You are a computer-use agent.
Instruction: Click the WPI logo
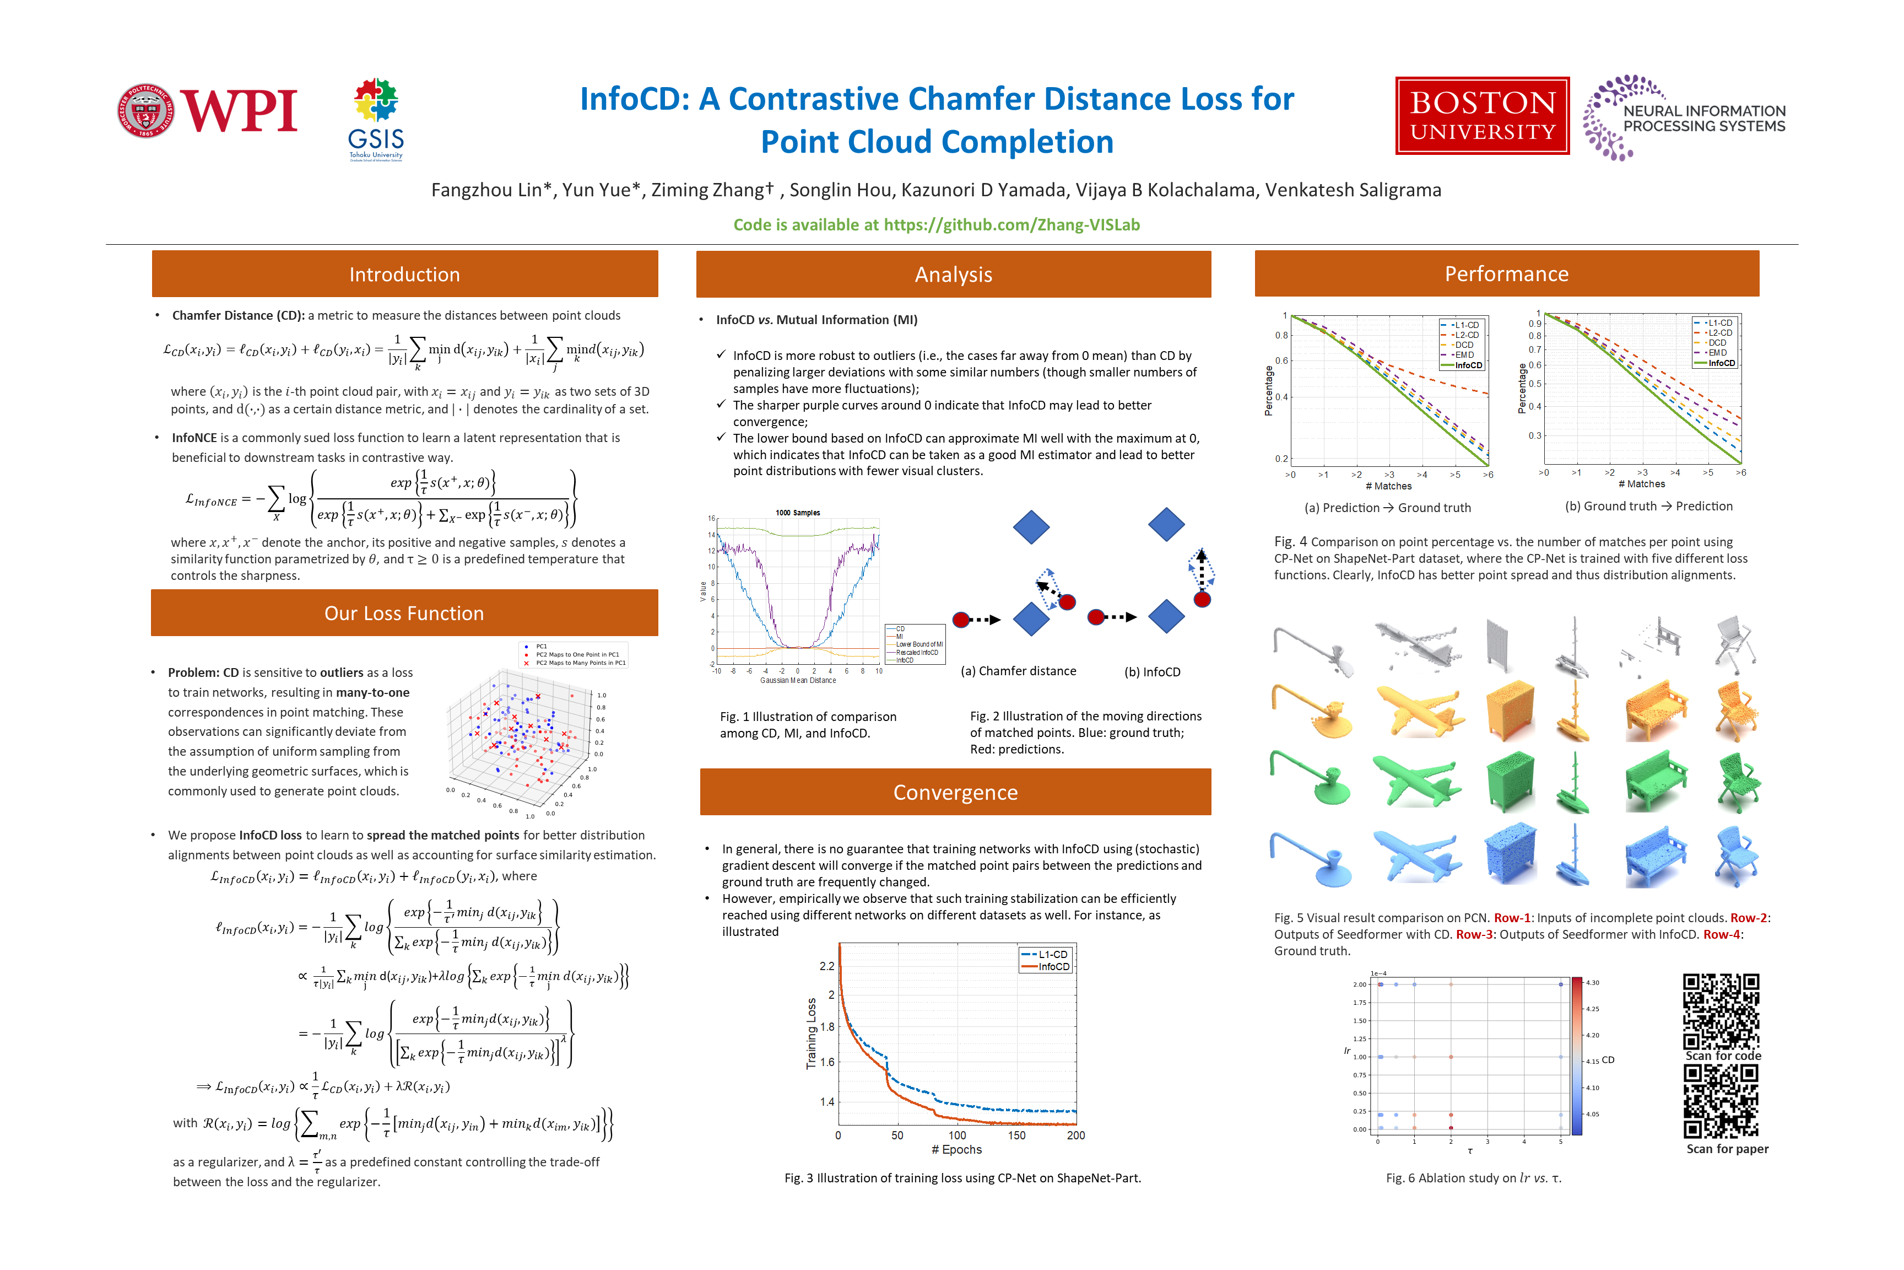click(207, 110)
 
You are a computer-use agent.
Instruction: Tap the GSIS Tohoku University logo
click(376, 120)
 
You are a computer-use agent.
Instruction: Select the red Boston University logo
click(1481, 116)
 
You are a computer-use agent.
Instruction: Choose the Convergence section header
click(955, 792)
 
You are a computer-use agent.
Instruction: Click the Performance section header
click(1507, 274)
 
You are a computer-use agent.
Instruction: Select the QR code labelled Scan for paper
click(1721, 1101)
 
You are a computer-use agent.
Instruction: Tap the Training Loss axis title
click(811, 1034)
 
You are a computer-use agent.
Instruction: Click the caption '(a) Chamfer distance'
click(1018, 671)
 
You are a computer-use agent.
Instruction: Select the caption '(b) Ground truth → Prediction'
click(1648, 506)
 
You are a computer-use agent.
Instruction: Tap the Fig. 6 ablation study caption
click(1473, 1178)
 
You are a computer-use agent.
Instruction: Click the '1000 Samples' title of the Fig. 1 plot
click(797, 513)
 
